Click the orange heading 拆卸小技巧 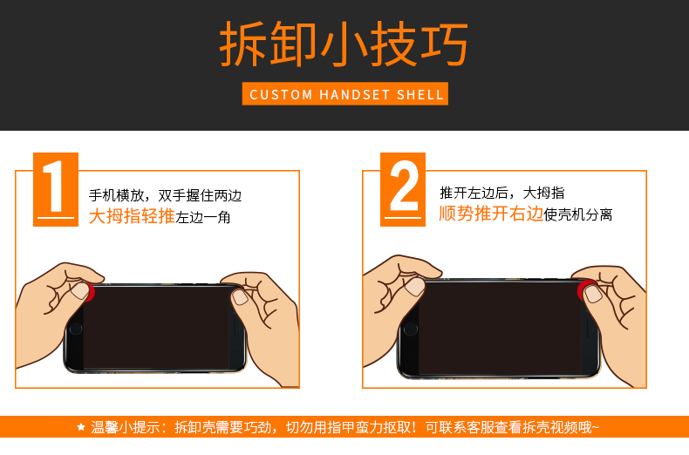click(x=344, y=44)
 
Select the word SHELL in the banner click(x=420, y=94)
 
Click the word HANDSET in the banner click(x=354, y=94)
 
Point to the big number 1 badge click(x=56, y=189)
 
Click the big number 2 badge click(x=403, y=189)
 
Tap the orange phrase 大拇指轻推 click(x=132, y=216)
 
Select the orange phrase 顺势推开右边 click(x=491, y=214)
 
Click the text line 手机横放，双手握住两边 click(x=165, y=195)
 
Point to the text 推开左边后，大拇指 click(x=501, y=193)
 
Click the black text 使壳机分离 click(x=578, y=214)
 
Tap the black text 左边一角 click(x=203, y=217)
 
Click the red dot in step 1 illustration click(x=90, y=292)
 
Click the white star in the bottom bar click(x=81, y=426)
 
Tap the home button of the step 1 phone click(x=76, y=329)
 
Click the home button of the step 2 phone click(x=411, y=329)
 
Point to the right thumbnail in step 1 click(x=240, y=297)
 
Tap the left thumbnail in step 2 click(x=415, y=287)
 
